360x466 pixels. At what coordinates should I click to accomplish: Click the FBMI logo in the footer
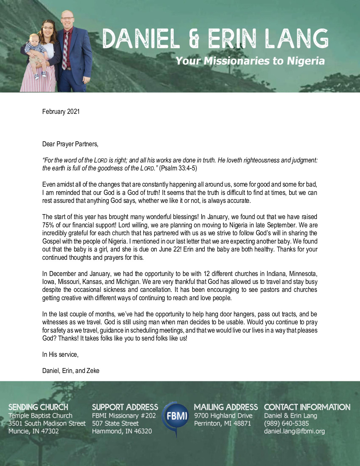click(x=175, y=416)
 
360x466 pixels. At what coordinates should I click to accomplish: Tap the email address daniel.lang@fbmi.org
click(x=294, y=431)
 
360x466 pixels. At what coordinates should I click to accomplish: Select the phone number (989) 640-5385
click(x=286, y=423)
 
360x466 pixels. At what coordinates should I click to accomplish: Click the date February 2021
click(x=61, y=112)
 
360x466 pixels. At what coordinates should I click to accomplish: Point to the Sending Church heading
click(x=38, y=407)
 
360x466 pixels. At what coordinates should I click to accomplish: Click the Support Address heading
click(x=125, y=407)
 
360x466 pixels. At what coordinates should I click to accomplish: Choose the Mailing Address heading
click(x=226, y=407)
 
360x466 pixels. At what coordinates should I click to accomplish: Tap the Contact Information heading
click(x=307, y=407)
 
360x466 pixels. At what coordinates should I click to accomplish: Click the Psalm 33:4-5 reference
click(x=178, y=168)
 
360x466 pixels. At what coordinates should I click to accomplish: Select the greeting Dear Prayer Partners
click(x=70, y=144)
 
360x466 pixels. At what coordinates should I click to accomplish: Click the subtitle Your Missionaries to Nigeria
click(x=250, y=61)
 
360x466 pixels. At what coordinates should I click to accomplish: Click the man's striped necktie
click(x=66, y=50)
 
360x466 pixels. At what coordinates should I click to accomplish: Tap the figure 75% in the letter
click(x=48, y=225)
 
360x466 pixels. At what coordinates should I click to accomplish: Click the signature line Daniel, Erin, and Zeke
click(x=71, y=371)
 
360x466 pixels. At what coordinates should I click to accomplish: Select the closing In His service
click(x=60, y=354)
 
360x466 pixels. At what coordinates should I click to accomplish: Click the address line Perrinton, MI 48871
click(x=222, y=423)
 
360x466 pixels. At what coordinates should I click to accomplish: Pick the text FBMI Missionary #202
click(x=124, y=416)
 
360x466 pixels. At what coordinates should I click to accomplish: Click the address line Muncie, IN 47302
click(x=33, y=431)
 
